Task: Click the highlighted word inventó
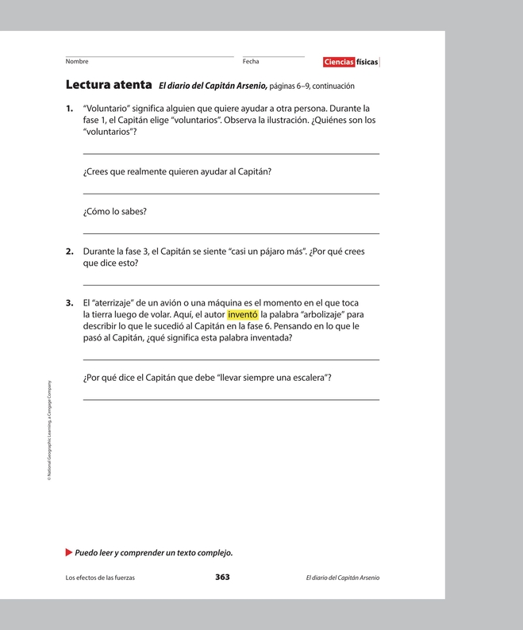(243, 314)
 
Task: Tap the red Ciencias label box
(339, 62)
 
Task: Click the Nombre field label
(77, 61)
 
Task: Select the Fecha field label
(251, 61)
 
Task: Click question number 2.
(70, 252)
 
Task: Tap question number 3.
(70, 303)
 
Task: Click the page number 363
(222, 577)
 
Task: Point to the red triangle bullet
(69, 551)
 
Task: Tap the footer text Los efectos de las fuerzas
(100, 578)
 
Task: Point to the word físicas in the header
(367, 62)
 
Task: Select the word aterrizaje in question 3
(119, 303)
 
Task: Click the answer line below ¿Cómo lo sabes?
(231, 233)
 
